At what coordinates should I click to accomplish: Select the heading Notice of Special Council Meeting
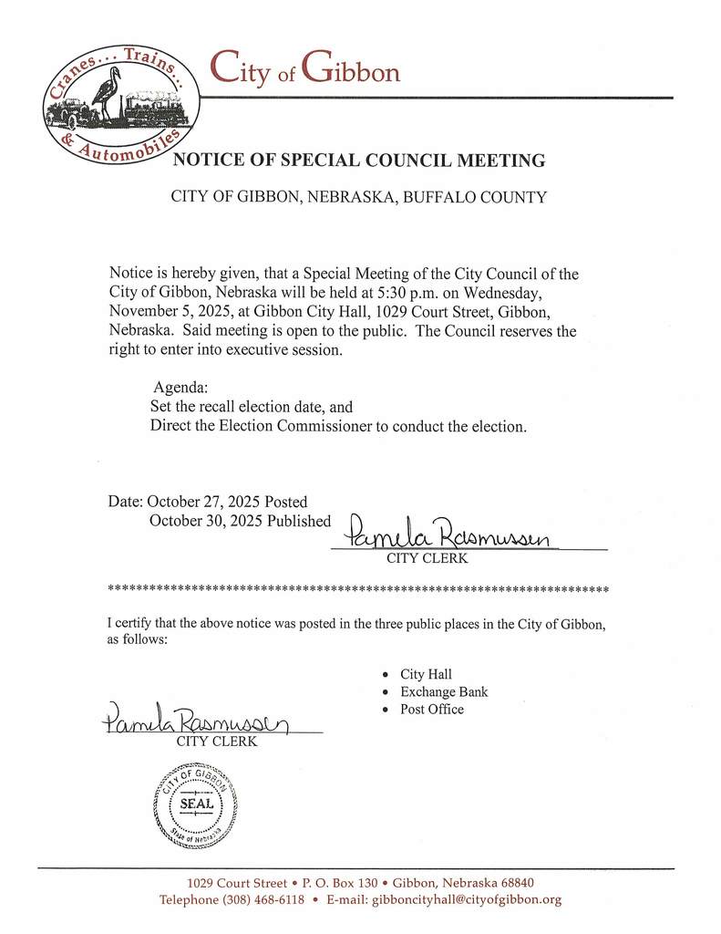tap(359, 161)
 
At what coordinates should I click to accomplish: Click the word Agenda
tap(180, 387)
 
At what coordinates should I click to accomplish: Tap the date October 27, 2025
tap(204, 502)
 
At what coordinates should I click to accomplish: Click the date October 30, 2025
tap(205, 521)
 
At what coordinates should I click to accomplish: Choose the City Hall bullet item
tap(426, 675)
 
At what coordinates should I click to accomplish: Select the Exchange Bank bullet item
tap(444, 692)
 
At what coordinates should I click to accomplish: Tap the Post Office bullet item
tap(431, 710)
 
